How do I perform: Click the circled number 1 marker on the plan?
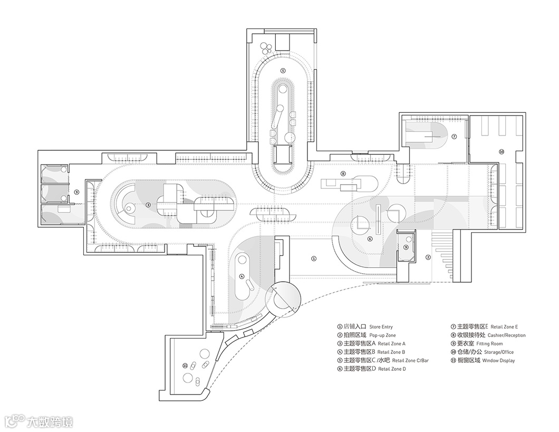[314, 258]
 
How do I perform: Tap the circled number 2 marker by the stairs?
[428, 257]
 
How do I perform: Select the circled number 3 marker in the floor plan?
[148, 205]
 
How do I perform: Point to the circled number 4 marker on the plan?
[242, 276]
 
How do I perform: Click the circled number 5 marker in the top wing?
[283, 70]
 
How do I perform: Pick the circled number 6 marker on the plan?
[370, 239]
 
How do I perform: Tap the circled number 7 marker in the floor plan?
[454, 136]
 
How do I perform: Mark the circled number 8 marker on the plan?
[343, 172]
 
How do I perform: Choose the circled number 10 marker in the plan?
[502, 151]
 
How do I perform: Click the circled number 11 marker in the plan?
[185, 365]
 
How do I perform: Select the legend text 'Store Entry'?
[381, 327]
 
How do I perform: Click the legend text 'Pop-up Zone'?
[382, 335]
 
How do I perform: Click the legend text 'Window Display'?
[498, 361]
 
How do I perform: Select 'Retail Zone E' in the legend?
[505, 327]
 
